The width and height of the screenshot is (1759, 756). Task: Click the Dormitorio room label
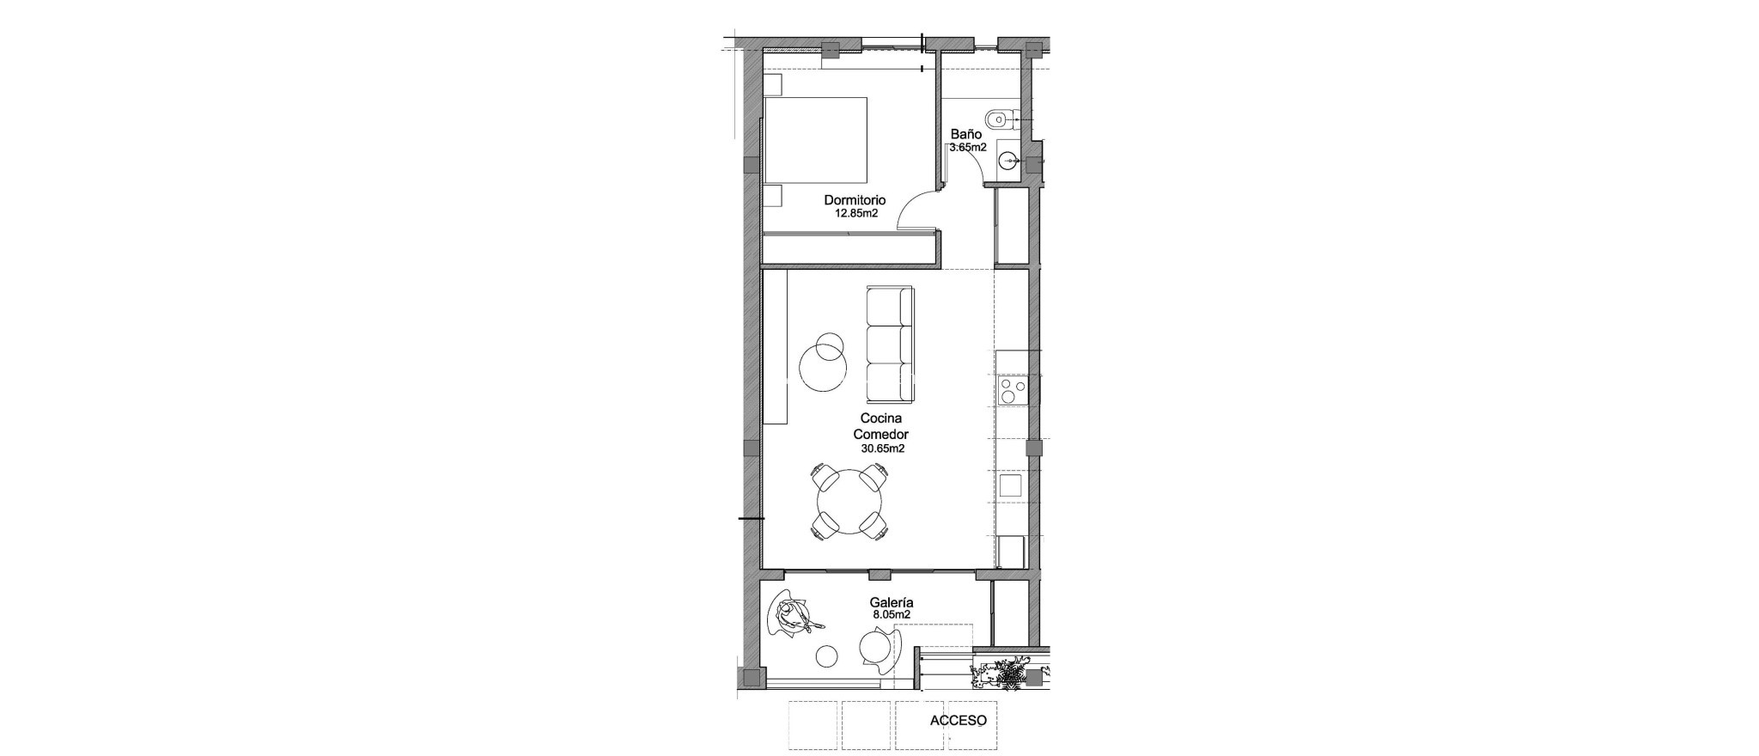[855, 200]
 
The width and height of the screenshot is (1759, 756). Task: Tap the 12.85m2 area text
[856, 214]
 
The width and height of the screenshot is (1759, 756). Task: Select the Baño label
[965, 135]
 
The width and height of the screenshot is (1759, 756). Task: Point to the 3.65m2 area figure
[967, 148]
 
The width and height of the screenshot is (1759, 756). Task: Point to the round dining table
[850, 501]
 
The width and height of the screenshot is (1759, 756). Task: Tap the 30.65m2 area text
[882, 448]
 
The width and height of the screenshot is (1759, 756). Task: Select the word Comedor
[880, 434]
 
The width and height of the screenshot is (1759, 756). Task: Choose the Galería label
[892, 603]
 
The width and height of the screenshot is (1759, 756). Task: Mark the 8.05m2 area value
[891, 616]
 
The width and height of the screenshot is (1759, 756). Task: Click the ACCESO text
[958, 722]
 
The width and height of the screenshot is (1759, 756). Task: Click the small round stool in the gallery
[225, 656]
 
